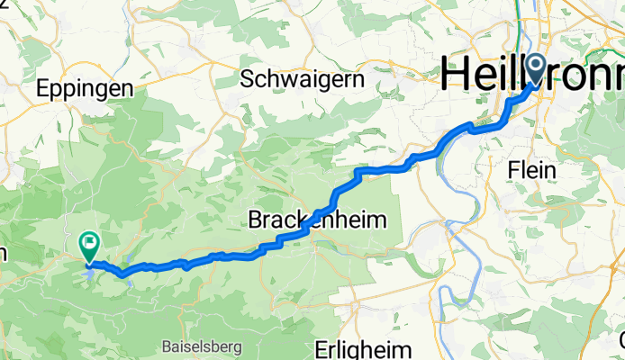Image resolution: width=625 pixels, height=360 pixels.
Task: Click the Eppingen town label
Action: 86,88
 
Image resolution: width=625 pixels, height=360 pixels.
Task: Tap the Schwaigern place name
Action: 303,79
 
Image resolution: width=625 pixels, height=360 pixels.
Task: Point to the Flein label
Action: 532,168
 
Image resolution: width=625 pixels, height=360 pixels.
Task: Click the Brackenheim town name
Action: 315,219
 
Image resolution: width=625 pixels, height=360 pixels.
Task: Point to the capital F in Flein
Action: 512,168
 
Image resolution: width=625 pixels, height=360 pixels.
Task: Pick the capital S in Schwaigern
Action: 248,79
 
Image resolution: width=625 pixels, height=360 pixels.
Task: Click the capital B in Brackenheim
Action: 255,219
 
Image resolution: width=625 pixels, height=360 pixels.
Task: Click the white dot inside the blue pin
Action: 534,63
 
